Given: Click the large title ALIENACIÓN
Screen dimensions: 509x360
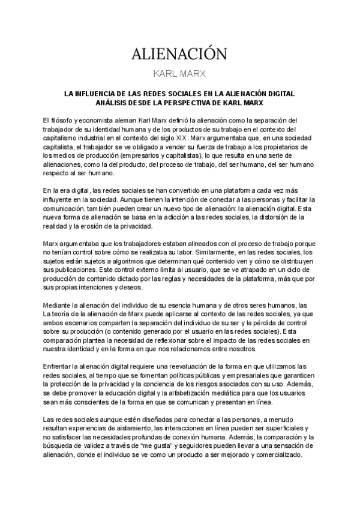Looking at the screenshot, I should (x=179, y=55).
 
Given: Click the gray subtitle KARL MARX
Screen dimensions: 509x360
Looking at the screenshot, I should (x=179, y=74).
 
